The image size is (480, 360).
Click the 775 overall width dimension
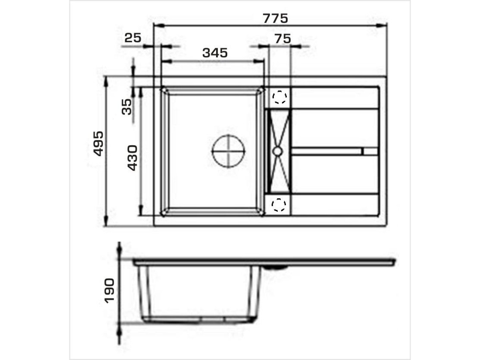(x=275, y=18)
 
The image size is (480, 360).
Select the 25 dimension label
(x=133, y=38)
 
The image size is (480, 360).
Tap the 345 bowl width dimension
(x=215, y=53)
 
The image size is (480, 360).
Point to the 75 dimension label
(x=283, y=39)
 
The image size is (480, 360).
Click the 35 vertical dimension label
(x=127, y=107)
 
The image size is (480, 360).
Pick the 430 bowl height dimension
(x=132, y=158)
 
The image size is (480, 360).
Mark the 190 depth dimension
(x=109, y=291)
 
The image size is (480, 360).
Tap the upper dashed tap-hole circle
(x=279, y=97)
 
